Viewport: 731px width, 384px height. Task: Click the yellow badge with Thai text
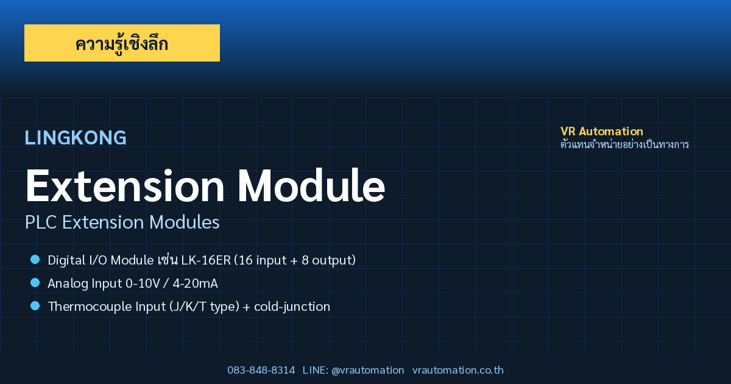(122, 43)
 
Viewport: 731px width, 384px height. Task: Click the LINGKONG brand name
(76, 138)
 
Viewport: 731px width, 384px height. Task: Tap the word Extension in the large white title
(125, 186)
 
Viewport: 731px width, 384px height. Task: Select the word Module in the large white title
(312, 186)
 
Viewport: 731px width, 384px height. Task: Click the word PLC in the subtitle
(41, 222)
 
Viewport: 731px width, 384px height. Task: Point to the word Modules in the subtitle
(185, 222)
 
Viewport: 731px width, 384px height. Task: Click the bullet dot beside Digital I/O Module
(35, 260)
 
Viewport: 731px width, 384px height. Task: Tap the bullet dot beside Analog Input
(35, 283)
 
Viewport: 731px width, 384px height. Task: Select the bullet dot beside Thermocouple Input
(35, 306)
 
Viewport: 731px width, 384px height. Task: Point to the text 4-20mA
(195, 283)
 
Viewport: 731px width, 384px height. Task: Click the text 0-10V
(143, 283)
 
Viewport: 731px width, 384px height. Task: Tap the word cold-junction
(292, 307)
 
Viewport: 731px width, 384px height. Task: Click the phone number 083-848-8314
(261, 371)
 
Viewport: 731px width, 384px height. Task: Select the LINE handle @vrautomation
(368, 371)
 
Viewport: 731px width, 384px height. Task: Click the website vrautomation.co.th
(458, 371)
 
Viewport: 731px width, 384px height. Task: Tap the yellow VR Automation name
(602, 131)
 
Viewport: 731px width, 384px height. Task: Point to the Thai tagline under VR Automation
(624, 144)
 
